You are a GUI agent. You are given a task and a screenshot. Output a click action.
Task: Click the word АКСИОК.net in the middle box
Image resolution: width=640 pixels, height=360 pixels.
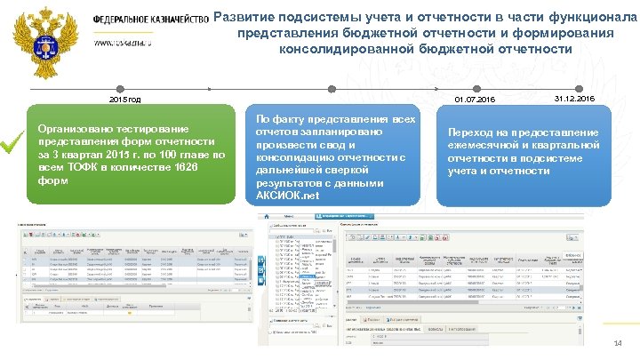(286, 196)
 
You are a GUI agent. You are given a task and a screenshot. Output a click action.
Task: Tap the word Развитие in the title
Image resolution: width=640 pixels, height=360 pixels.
(252, 16)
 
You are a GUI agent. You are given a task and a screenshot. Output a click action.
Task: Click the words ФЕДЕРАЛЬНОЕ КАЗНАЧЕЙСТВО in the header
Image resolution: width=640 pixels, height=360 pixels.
(151, 21)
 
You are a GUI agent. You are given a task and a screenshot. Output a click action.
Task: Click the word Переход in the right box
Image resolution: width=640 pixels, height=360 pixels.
(471, 133)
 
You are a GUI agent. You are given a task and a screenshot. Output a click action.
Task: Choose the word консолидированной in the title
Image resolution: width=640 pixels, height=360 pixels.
(346, 49)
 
